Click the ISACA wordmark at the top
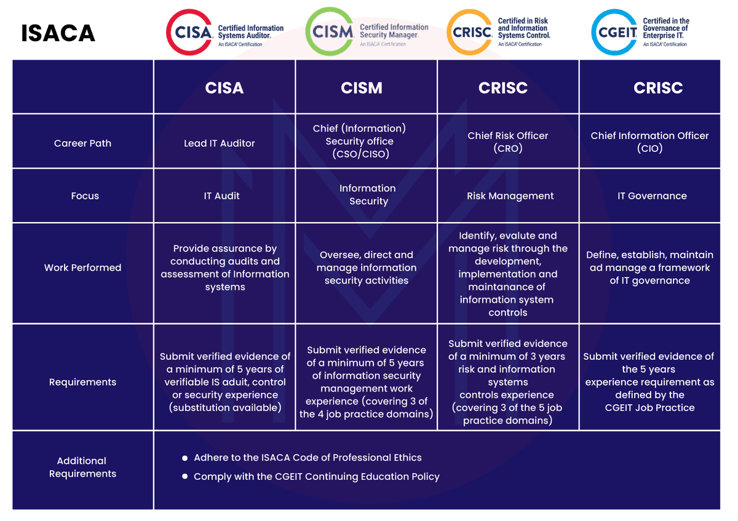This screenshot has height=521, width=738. tap(58, 33)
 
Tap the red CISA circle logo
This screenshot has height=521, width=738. tap(191, 31)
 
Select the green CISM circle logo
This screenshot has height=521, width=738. tap(330, 31)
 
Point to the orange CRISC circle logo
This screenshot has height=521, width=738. tap(470, 31)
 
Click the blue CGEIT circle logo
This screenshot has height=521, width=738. tap(614, 31)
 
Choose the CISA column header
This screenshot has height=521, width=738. tap(224, 88)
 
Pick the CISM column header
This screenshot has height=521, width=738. tap(362, 88)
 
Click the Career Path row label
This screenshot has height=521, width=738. tap(82, 143)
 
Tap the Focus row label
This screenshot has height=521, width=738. tap(85, 196)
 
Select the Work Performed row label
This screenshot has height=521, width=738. tap(82, 268)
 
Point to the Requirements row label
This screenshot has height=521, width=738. tap(82, 382)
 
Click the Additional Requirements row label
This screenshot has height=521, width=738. tap(82, 467)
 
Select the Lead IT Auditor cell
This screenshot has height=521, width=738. tap(220, 143)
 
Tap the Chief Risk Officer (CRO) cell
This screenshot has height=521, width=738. tap(508, 141)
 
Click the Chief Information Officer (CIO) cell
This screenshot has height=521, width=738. tap(650, 141)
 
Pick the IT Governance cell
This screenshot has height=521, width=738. tap(652, 196)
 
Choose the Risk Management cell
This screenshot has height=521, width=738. tap(510, 196)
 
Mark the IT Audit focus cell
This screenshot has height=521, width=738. tap(222, 196)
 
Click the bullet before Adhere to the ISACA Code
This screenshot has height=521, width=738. tap(185, 458)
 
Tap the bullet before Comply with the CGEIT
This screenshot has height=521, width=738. tap(185, 477)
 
